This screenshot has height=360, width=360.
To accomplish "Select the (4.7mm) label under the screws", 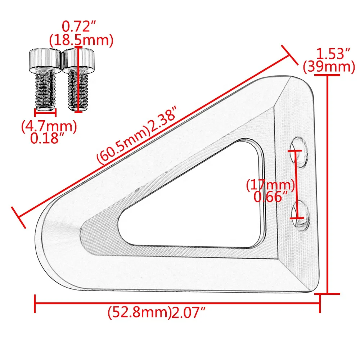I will [x=49, y=126].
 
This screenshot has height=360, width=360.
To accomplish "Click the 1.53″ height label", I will [x=333, y=54].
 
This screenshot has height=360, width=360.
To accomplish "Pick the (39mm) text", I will [x=329, y=67].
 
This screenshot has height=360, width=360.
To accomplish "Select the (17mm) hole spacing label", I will [x=271, y=185].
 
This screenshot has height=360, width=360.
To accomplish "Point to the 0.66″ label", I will [x=271, y=197].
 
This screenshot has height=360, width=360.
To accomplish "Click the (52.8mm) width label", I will [x=139, y=312].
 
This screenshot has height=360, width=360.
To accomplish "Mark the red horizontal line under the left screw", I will [x=45, y=112].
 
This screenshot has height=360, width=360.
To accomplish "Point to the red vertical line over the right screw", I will [x=79, y=79].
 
